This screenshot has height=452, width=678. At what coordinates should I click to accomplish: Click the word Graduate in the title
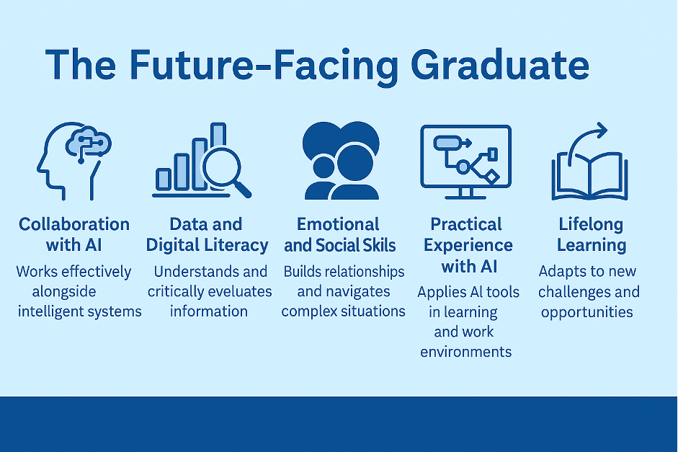point(500,65)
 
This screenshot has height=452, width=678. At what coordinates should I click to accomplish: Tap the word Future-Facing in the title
point(264,66)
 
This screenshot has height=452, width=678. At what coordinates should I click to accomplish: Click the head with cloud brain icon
point(74,161)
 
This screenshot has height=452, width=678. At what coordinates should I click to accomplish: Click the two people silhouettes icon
point(342,161)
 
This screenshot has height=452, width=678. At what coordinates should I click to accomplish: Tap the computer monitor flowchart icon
point(465,161)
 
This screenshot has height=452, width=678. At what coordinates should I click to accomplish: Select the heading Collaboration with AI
point(74,234)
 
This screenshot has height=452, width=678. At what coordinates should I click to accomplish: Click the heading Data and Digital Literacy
point(207,234)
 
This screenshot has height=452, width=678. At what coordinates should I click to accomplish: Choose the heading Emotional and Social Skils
point(339,234)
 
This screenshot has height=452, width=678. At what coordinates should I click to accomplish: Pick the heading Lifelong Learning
point(592,234)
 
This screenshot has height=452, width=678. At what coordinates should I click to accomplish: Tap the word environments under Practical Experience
point(465,352)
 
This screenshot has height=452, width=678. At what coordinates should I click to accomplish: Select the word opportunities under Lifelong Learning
point(586,312)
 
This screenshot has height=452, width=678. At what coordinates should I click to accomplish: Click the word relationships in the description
point(364,272)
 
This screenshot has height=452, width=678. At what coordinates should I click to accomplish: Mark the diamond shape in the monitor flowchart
point(491,177)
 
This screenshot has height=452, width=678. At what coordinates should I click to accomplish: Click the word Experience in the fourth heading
point(468,245)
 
